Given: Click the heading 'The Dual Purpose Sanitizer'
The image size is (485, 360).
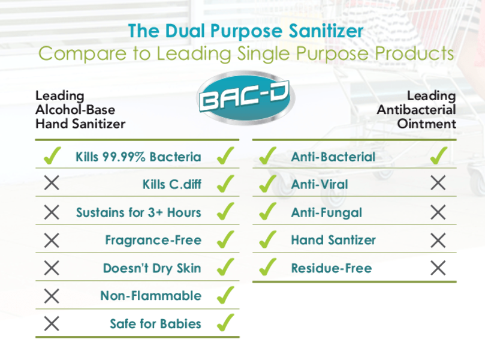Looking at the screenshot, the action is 246,31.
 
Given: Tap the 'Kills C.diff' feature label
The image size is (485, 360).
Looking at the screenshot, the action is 172,184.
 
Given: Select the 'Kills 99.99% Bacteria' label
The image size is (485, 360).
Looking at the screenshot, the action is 138,157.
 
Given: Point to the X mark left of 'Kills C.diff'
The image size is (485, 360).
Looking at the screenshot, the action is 52,182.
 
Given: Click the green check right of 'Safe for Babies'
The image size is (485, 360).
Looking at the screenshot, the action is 225,322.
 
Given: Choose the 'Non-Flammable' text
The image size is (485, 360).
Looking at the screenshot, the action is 151,296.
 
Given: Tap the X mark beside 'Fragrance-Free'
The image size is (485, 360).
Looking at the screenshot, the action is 52,240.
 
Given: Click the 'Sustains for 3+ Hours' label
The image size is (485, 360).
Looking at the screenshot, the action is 138,212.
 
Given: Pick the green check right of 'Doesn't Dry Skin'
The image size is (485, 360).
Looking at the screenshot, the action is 225,267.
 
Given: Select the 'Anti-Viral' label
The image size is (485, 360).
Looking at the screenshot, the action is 320,184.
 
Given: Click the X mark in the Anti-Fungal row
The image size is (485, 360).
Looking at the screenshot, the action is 438,212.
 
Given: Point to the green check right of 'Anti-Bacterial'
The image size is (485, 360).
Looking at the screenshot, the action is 439,155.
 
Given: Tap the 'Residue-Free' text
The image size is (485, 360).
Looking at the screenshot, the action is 332,268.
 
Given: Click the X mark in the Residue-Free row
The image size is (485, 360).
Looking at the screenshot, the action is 438,268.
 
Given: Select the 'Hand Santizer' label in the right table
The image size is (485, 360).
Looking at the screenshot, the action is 333,240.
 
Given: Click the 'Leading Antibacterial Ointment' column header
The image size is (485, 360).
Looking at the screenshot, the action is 416,110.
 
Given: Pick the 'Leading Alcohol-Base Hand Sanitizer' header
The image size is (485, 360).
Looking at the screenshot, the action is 80,110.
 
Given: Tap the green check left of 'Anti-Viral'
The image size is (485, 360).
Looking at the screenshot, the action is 268,183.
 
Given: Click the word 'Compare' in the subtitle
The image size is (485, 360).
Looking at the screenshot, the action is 83,54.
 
